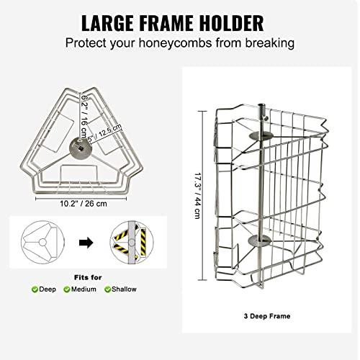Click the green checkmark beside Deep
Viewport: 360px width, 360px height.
[35, 289]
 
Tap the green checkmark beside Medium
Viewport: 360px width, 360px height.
[66, 289]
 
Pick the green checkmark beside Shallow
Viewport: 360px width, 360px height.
[108, 289]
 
